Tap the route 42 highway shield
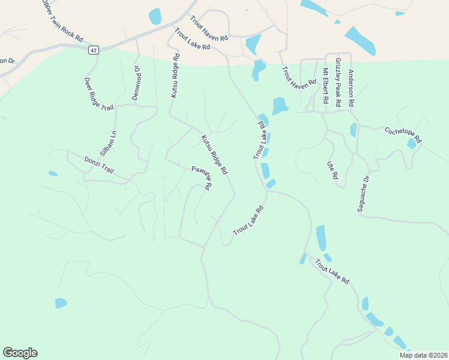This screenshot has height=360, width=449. point(92,50)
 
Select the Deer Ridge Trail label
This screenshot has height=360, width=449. point(99,94)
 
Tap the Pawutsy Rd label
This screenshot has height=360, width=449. point(200,178)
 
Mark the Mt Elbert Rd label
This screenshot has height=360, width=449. point(326,86)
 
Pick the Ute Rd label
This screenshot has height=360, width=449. point(331,169)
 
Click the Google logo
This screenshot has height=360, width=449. point(20,353)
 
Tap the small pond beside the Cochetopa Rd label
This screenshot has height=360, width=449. point(411,144)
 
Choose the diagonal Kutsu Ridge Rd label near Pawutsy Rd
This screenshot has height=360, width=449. point(214,154)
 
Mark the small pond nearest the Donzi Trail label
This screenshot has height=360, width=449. point(53,174)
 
